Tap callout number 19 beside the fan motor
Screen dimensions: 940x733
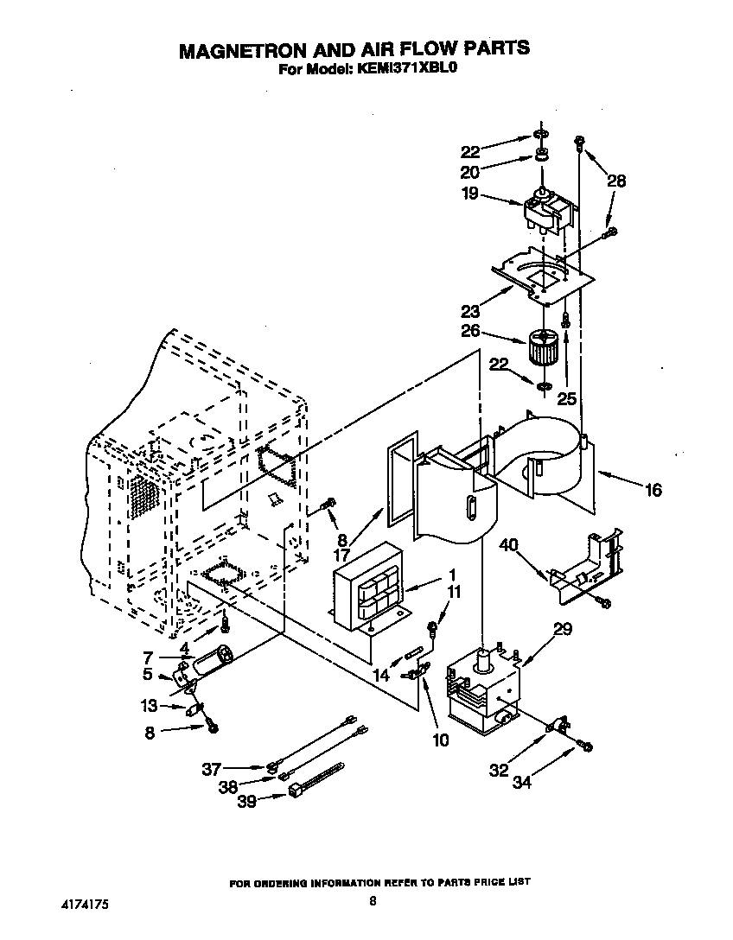pyautogui.click(x=469, y=194)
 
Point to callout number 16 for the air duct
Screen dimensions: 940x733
pyautogui.click(x=653, y=490)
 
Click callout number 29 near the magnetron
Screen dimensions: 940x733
pyautogui.click(x=562, y=630)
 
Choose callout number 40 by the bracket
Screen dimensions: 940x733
pyautogui.click(x=509, y=545)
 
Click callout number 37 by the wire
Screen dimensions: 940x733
pyautogui.click(x=212, y=768)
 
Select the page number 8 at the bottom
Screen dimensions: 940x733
pyautogui.click(x=373, y=901)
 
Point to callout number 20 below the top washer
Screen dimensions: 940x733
pyautogui.click(x=469, y=172)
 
